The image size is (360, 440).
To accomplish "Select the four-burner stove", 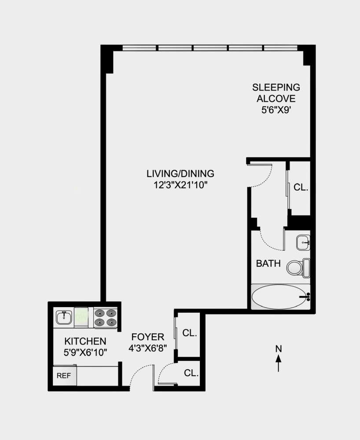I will [105, 318].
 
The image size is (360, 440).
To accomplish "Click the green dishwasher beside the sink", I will [81, 317].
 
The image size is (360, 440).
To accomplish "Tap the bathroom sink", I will [303, 242].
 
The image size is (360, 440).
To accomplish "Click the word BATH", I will [268, 264].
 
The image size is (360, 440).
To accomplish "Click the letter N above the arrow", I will [278, 348].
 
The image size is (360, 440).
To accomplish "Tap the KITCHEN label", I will [85, 341].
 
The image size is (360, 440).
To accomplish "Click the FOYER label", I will [148, 337].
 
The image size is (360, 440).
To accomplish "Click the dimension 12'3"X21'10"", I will [180, 185].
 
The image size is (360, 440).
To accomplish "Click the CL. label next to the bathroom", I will [301, 187].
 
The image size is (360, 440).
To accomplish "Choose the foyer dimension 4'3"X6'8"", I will [148, 348].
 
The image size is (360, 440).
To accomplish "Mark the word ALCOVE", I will [276, 99].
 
